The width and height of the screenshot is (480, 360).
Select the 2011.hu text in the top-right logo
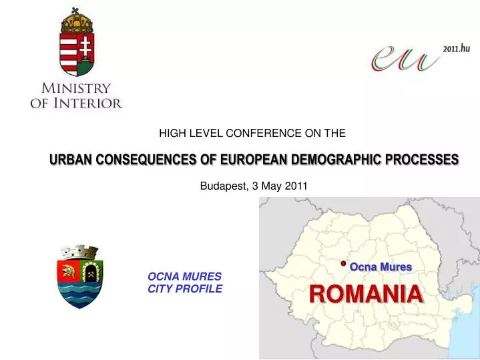tap(456, 48)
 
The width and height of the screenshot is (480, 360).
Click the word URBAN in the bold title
tap(71, 160)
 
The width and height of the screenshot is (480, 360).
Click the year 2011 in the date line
tap(296, 186)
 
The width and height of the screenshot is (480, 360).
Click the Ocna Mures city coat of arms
tap(79, 276)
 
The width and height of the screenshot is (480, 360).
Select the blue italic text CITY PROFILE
tap(185, 289)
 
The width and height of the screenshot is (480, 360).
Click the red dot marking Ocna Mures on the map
tap(342, 264)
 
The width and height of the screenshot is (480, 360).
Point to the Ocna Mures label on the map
tap(381, 266)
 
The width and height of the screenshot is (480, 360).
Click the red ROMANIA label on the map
tap(366, 294)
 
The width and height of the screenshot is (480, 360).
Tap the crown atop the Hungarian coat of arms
tap(77, 19)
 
